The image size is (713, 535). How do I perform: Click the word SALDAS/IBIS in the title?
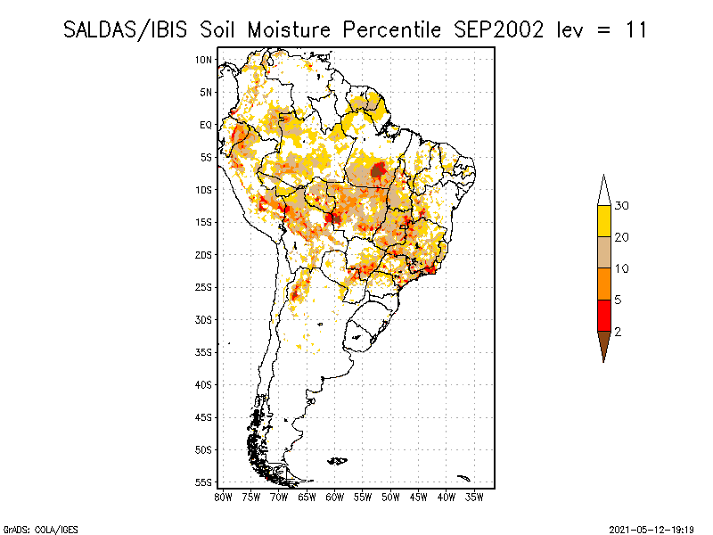tap(125, 30)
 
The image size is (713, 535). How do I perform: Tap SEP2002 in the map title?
tap(499, 30)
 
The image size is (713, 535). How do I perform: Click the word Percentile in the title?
tap(391, 30)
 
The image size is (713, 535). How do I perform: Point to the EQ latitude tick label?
tap(206, 125)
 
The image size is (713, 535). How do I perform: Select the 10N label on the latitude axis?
tap(204, 60)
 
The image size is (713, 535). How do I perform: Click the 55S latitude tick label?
tap(204, 482)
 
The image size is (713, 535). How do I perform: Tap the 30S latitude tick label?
tap(204, 320)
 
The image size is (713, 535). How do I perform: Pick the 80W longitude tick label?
tap(223, 498)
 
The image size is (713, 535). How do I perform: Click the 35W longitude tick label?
tap(474, 498)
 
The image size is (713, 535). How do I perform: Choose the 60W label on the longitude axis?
tap(335, 498)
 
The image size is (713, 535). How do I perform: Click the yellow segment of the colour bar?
tap(604, 221)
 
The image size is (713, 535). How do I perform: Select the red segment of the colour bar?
tap(604, 316)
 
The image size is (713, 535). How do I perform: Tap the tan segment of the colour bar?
tap(604, 252)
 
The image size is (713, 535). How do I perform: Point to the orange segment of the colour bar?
tap(604, 284)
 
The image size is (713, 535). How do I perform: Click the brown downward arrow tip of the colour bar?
tap(604, 362)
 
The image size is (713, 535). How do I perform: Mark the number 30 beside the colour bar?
tap(621, 206)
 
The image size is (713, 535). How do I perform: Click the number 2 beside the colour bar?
tap(618, 332)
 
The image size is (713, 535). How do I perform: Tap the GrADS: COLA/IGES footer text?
tap(40, 530)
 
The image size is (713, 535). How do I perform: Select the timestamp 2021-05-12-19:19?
tap(652, 530)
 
